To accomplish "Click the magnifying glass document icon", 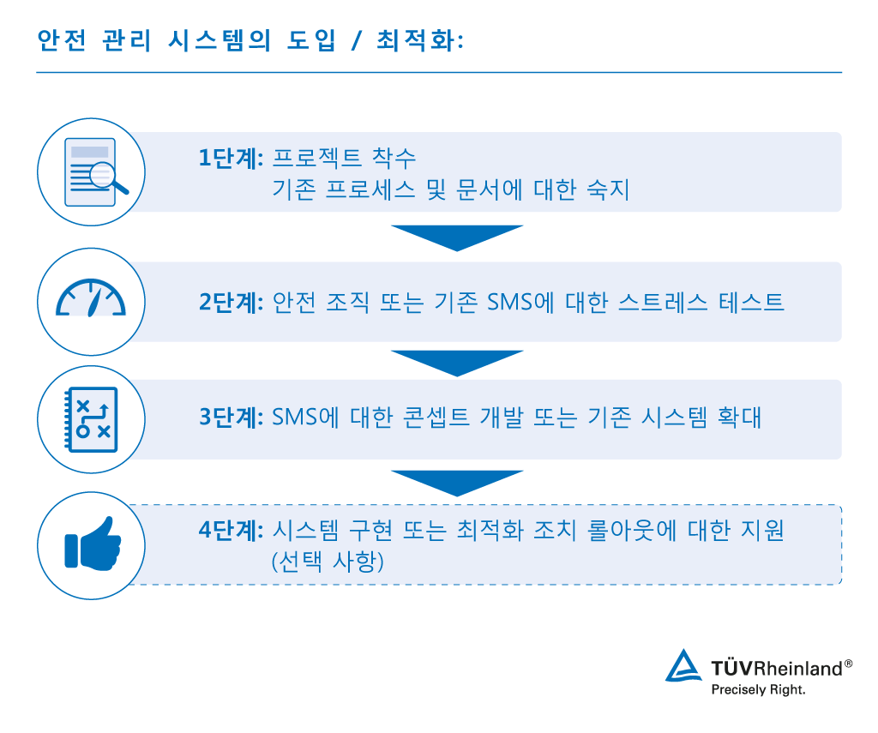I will (x=91, y=171).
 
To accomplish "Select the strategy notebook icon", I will (x=90, y=418).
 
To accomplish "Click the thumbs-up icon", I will (x=91, y=543).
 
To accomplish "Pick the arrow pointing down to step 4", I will (x=457, y=482).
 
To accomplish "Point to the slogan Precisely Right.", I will (x=759, y=688).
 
